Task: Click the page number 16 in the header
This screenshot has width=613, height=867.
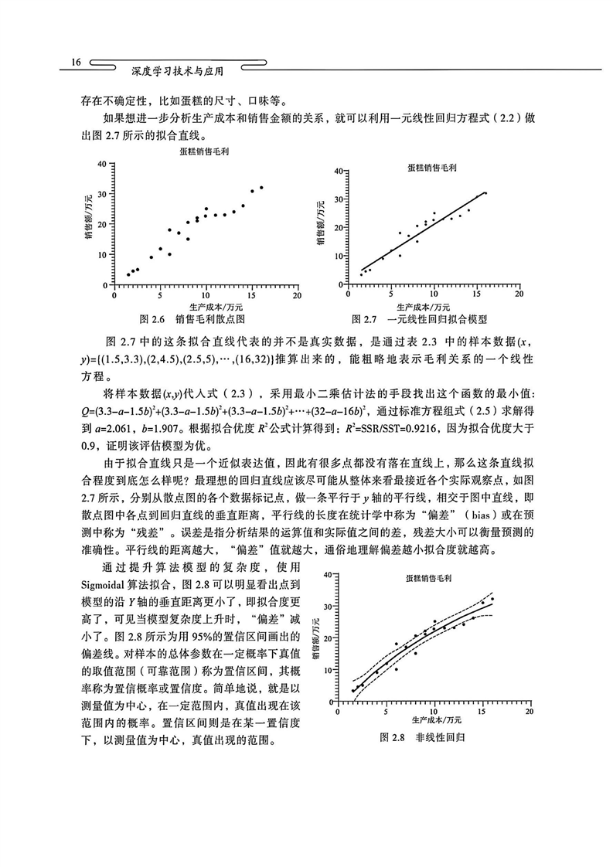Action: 76,62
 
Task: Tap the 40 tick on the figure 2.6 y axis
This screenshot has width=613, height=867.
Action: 100,165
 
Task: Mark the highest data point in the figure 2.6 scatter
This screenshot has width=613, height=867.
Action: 261,187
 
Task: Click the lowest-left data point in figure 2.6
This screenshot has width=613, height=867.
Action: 128,274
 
